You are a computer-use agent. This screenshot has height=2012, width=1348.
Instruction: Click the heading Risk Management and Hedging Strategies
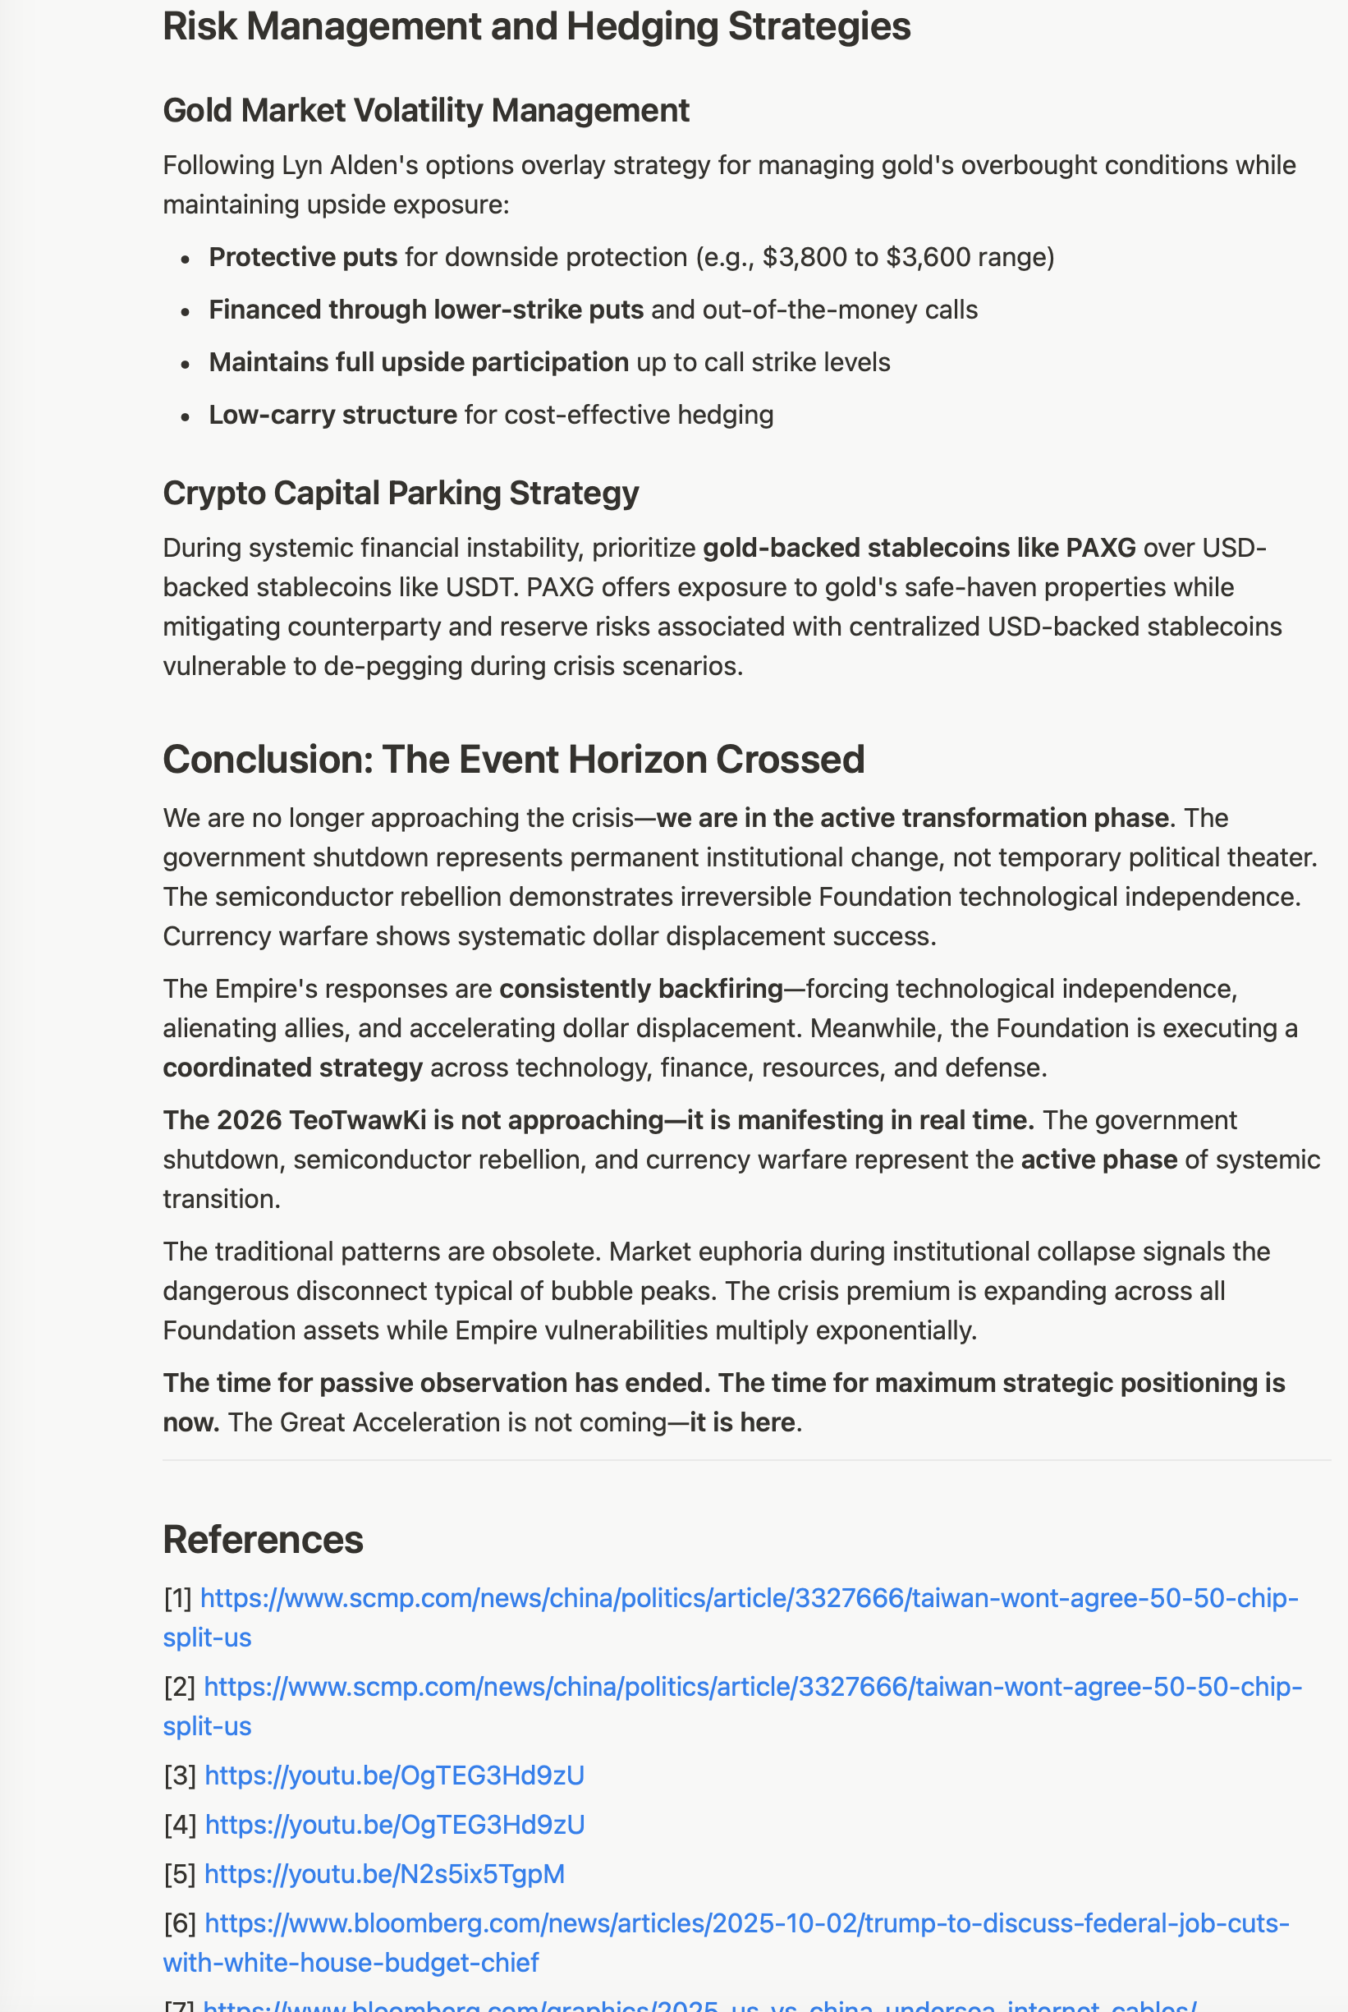pyautogui.click(x=536, y=26)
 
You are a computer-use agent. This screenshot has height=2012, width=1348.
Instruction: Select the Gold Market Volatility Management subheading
pyautogui.click(x=425, y=111)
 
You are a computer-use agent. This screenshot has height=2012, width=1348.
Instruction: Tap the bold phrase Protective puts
pyautogui.click(x=303, y=257)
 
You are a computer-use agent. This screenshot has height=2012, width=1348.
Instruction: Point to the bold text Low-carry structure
pyautogui.click(x=332, y=415)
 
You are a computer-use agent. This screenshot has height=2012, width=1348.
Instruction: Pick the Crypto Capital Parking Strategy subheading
pyautogui.click(x=401, y=494)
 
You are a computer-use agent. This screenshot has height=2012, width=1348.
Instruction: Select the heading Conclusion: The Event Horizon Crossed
pyautogui.click(x=513, y=760)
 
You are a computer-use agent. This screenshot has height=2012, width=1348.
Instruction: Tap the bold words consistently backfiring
pyautogui.click(x=640, y=989)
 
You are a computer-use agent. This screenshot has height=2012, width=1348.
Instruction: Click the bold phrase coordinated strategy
pyautogui.click(x=292, y=1067)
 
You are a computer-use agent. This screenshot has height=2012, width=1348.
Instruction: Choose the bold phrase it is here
pyautogui.click(x=741, y=1422)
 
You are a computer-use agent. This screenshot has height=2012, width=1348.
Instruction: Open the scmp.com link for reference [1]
pyautogui.click(x=748, y=1598)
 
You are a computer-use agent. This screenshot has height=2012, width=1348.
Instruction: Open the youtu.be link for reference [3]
pyautogui.click(x=394, y=1775)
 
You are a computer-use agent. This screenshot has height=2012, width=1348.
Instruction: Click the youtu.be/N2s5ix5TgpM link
pyautogui.click(x=384, y=1873)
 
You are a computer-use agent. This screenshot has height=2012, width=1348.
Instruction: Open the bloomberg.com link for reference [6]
pyautogui.click(x=746, y=1923)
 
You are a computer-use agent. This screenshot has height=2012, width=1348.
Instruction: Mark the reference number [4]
pyautogui.click(x=180, y=1825)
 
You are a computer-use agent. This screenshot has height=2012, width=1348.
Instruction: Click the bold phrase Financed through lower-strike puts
pyautogui.click(x=425, y=310)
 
